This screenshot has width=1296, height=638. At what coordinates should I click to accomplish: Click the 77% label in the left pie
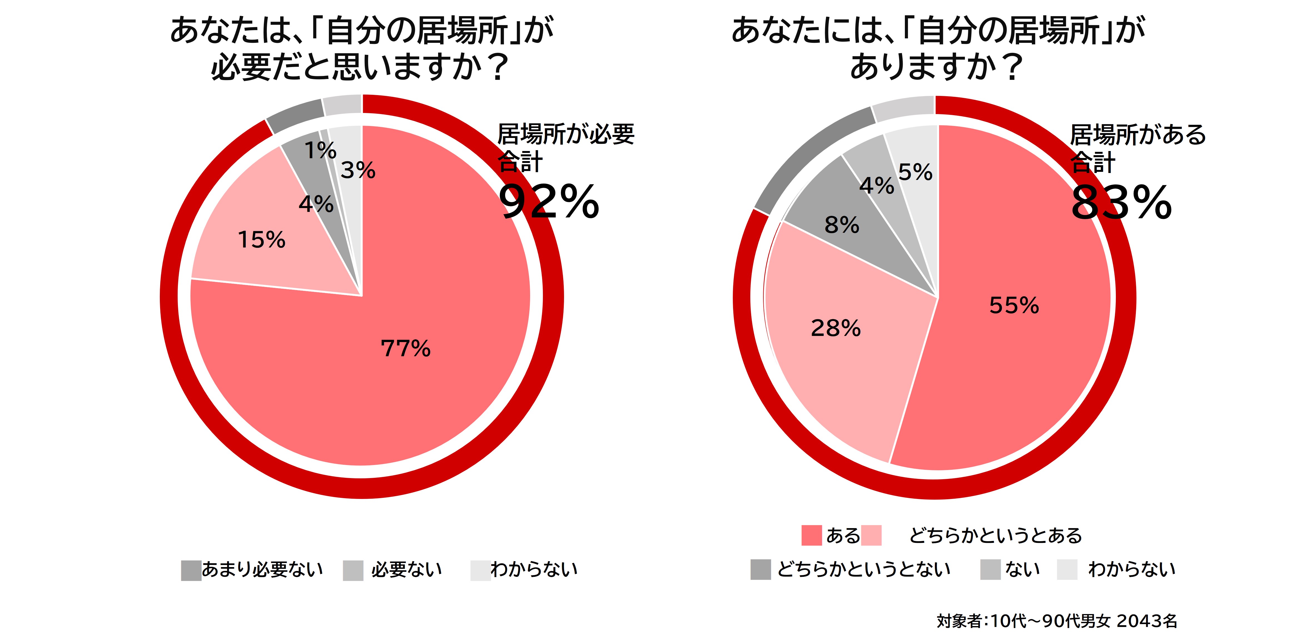coord(406,348)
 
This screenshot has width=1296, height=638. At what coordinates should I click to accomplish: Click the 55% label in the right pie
coord(1014,305)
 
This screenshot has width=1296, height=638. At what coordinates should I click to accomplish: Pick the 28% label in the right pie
coord(836,328)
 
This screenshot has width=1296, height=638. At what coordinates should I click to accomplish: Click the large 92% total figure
coord(549,202)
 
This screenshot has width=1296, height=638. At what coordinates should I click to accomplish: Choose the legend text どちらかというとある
coord(995,535)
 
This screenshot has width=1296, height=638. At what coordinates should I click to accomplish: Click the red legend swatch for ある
coord(811,535)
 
